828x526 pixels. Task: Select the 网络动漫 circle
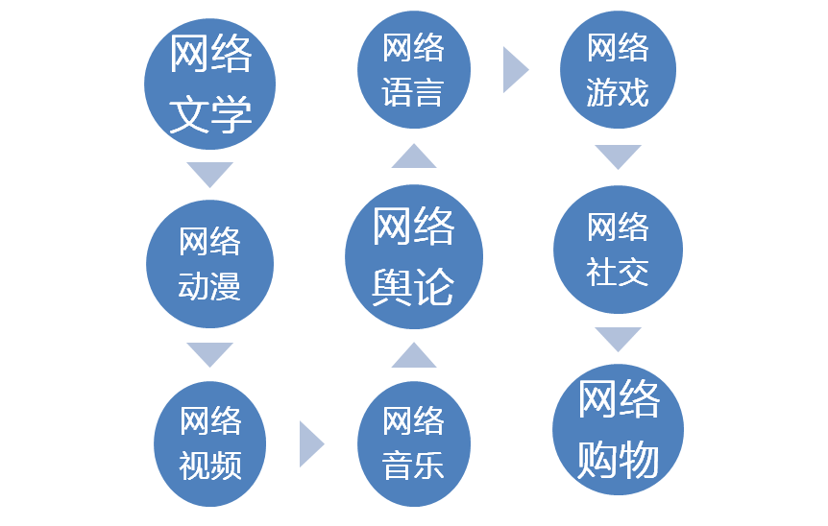(x=209, y=264)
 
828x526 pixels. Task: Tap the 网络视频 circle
(x=210, y=443)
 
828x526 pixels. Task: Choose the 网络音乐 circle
(x=414, y=443)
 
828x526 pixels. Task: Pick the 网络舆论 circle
(x=414, y=257)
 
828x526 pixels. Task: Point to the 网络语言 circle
(x=414, y=69)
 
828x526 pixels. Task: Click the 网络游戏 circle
(x=618, y=69)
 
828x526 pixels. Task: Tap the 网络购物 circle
(x=618, y=429)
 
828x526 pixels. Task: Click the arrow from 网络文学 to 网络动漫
(x=210, y=174)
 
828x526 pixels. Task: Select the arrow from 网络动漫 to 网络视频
(x=210, y=353)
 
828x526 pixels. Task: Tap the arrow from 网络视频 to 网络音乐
(x=310, y=443)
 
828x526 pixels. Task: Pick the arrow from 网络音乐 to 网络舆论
(x=414, y=355)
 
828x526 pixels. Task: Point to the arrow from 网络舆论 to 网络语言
(x=414, y=156)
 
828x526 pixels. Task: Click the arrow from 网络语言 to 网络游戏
(x=515, y=69)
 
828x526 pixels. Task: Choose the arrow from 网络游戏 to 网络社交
(x=618, y=155)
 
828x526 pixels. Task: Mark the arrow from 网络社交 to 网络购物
(x=618, y=338)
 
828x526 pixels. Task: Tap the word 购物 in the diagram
(x=618, y=460)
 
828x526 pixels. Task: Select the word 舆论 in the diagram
(x=414, y=286)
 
